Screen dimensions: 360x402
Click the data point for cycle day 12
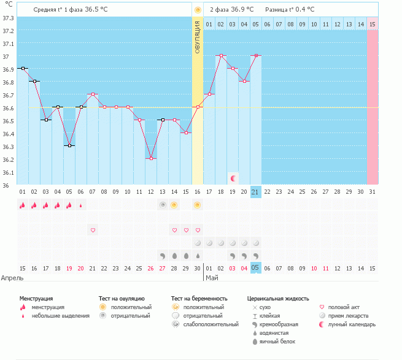pos(151,158)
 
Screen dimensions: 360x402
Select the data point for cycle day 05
pos(69,145)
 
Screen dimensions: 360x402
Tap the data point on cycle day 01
pos(23,68)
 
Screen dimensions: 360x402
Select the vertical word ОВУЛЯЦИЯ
pos(198,37)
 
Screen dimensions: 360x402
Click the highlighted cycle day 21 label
pos(256,192)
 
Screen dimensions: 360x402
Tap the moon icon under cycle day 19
pos(233,178)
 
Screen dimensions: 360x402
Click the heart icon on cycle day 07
pos(93,230)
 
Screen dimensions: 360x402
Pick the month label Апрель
pos(12,278)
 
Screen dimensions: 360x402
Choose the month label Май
pos(212,278)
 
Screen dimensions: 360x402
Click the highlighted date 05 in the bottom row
pos(256,268)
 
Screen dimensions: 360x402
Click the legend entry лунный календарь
pos(352,324)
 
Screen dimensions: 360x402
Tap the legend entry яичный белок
pos(277,342)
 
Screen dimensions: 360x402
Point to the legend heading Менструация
pos(39,298)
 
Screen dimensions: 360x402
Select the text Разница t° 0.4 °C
pos(290,10)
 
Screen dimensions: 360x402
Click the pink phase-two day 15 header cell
pos(372,24)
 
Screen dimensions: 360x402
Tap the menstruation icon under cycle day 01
pos(23,205)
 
